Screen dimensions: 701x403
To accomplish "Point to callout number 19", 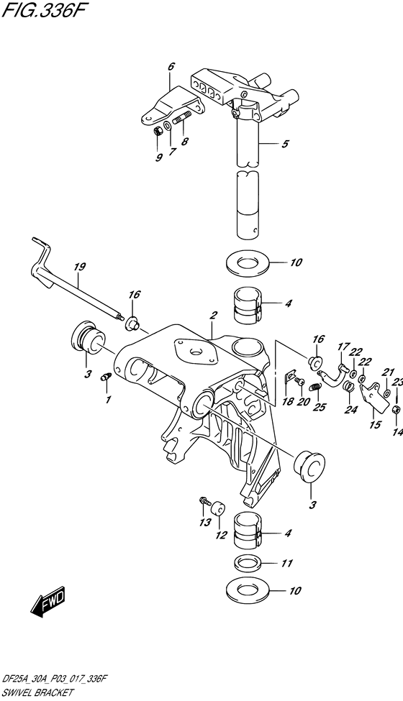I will click(78, 267).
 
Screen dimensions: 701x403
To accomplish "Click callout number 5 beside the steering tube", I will click(285, 144).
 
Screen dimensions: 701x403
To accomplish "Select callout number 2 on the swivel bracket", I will click(213, 315).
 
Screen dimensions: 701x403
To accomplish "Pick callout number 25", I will click(320, 407).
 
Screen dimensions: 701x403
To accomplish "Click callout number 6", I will click(171, 67).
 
